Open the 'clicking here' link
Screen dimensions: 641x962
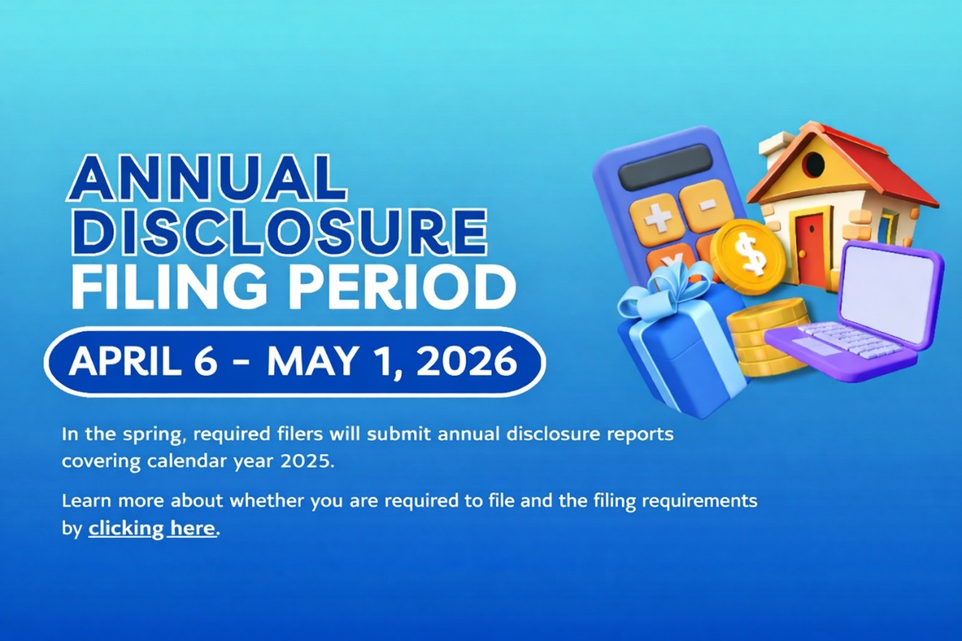pos(152,528)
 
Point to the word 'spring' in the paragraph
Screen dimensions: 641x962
pos(143,434)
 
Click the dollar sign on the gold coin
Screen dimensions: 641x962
pos(747,253)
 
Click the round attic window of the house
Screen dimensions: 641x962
pos(813,164)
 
